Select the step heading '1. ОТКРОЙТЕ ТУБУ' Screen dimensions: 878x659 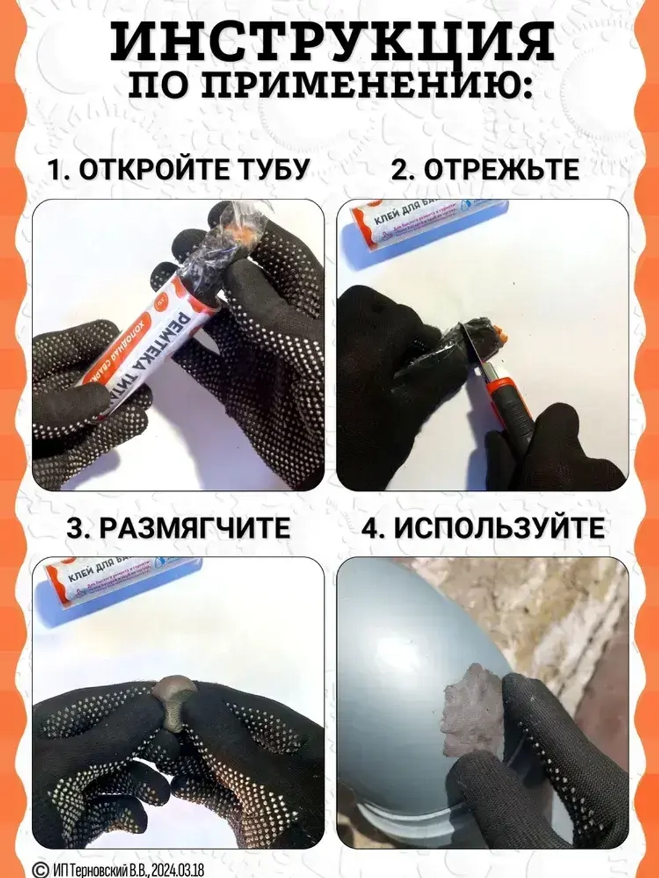coord(178,169)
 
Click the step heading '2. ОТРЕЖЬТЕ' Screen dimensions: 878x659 coord(485,169)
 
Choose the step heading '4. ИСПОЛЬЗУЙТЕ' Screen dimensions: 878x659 coord(482,528)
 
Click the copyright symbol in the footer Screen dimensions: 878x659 coord(40,869)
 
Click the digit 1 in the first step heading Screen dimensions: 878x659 coord(55,169)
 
